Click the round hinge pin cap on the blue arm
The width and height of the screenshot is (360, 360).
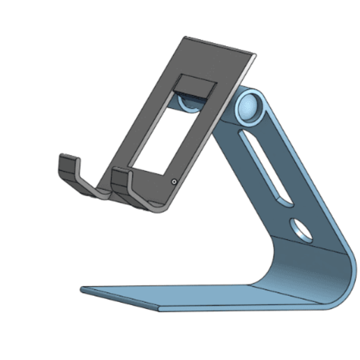click(x=247, y=107)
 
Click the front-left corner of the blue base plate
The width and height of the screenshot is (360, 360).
click(x=82, y=288)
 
